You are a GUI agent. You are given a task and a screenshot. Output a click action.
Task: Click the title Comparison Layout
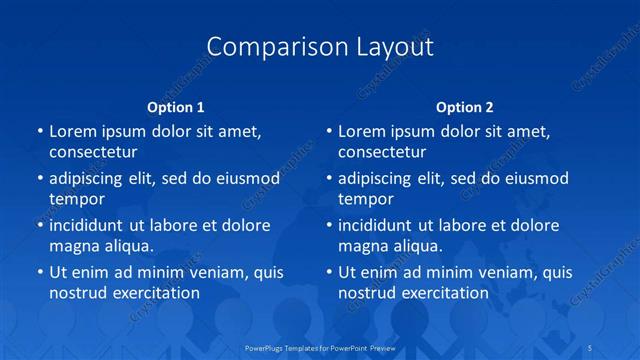pyautogui.click(x=320, y=47)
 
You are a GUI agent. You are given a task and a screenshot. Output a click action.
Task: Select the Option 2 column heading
pyautogui.click(x=464, y=106)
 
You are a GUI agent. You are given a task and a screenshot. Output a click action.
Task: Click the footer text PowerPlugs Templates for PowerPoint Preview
pyautogui.click(x=320, y=346)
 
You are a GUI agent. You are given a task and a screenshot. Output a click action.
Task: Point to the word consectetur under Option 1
pyautogui.click(x=93, y=152)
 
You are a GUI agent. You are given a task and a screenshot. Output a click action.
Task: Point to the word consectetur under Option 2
pyautogui.click(x=382, y=152)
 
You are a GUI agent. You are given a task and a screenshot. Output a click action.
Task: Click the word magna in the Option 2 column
pyautogui.click(x=363, y=246)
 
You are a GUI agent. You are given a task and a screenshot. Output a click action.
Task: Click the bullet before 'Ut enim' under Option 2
pyautogui.click(x=329, y=272)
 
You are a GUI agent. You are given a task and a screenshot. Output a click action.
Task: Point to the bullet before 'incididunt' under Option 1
pyautogui.click(x=39, y=225)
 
